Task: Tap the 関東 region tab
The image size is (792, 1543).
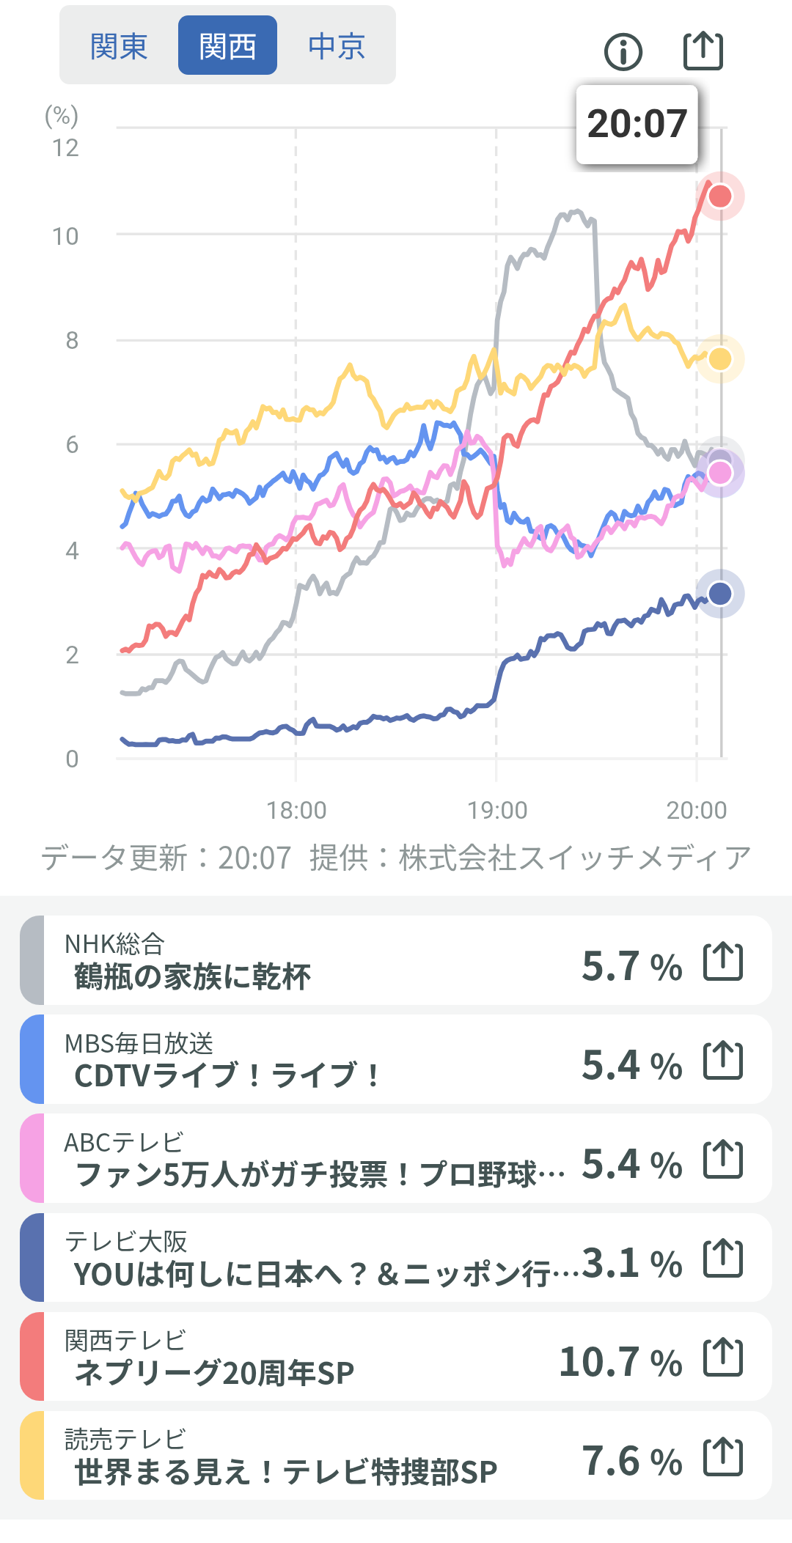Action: pos(119,46)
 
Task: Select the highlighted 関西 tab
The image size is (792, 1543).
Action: pos(227,46)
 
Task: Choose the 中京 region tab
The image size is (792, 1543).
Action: pos(337,46)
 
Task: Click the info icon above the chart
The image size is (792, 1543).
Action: pos(623,52)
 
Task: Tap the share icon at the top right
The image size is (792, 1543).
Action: pos(703,51)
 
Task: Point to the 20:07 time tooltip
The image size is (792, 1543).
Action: pos(637,124)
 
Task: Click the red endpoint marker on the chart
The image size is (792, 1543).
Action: pos(720,196)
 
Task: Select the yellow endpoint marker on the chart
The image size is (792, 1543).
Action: pos(720,358)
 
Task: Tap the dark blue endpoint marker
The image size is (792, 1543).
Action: pos(720,593)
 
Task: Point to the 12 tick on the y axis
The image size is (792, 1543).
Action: pos(65,148)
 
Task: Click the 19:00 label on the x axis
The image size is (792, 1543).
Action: pos(497,810)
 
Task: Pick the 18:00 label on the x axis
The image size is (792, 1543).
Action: pos(296,810)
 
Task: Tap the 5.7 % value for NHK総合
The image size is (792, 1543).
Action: pos(631,966)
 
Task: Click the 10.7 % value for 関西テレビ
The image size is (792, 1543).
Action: pos(620,1362)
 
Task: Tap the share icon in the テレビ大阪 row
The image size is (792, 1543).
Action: pos(723,1258)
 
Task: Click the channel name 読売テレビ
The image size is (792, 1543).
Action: pos(125,1439)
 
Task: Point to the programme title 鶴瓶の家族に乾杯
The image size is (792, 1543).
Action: pos(192,977)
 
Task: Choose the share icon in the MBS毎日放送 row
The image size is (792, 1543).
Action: pos(723,1060)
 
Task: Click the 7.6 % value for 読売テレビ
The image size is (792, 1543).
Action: pos(631,1462)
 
